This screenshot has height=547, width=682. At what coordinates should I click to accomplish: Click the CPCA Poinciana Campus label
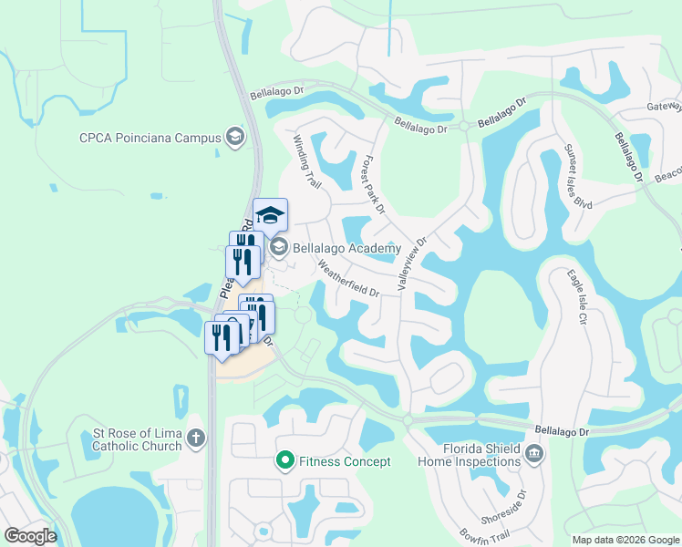150,139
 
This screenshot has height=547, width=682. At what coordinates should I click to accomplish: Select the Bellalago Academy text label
347,247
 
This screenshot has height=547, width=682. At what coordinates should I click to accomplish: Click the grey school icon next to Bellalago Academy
278,247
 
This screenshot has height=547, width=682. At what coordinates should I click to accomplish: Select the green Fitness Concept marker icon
284,462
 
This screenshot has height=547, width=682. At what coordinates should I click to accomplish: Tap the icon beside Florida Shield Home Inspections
535,452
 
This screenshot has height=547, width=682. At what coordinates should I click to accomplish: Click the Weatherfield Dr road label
348,279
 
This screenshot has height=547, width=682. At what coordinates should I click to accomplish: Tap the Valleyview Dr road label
412,265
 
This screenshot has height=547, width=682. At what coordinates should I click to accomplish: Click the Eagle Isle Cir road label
576,297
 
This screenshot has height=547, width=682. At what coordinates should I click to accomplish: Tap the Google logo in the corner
31,536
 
